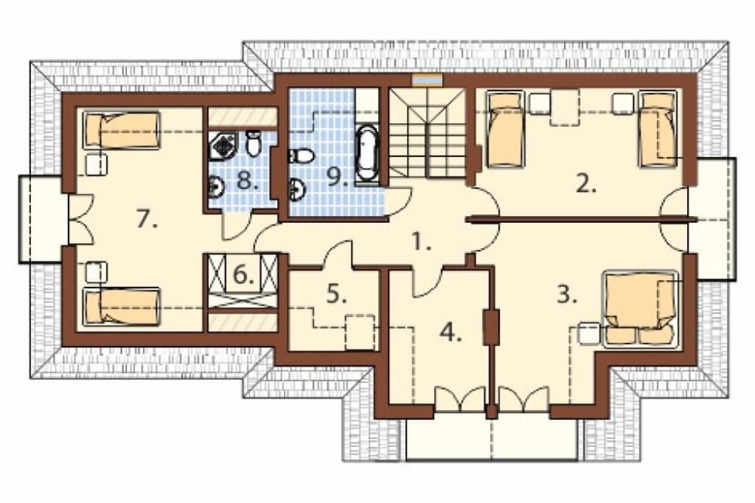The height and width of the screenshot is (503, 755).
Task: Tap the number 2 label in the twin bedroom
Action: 586,184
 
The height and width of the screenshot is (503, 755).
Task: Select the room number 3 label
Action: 567,295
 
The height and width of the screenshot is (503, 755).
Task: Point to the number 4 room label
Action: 451,332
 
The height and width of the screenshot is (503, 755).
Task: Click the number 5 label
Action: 337,294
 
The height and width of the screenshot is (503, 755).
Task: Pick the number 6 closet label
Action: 244,275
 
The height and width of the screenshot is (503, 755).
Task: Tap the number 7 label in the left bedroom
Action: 147,219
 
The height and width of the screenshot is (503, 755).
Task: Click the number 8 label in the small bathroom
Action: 248,181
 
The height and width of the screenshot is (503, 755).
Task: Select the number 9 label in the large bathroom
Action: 337,177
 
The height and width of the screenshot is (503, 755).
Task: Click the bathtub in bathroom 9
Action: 367,152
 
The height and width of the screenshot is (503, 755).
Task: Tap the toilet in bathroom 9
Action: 301,156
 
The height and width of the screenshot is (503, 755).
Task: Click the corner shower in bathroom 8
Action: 224,146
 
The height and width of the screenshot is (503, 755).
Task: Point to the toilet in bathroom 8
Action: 253,143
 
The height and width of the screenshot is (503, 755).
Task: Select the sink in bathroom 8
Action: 216,187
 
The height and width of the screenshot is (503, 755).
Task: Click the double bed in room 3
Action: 641,308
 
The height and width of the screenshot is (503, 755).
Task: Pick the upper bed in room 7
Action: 122,130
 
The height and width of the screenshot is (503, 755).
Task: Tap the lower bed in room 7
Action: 122,307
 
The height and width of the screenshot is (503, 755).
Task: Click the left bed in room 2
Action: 505,128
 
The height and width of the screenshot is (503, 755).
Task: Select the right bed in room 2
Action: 658,128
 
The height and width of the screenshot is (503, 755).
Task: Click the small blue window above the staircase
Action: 427,80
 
